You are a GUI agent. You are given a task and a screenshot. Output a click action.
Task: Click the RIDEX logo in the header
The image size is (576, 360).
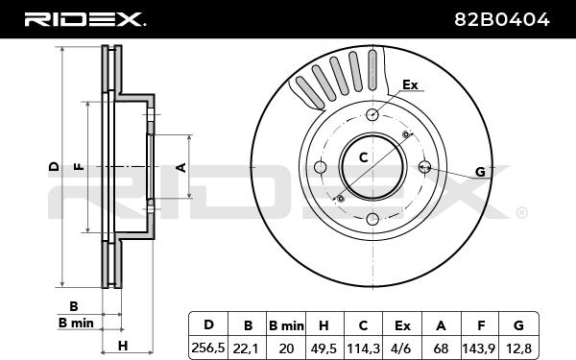coord(84,19)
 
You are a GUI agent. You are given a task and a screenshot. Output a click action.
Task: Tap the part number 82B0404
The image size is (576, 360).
coord(502,19)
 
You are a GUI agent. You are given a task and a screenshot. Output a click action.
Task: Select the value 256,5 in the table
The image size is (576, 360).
coord(208,348)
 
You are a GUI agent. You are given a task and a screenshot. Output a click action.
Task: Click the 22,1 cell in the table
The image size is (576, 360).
coord(247,348)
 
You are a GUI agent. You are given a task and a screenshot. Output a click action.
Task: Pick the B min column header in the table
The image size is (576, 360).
coord(286,325)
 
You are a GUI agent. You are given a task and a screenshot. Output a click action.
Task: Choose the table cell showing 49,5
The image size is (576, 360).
coord(324,348)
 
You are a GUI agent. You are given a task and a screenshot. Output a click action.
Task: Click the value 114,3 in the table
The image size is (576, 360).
coord(363,348)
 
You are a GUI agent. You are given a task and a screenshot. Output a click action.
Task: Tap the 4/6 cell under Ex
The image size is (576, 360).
coord(402,348)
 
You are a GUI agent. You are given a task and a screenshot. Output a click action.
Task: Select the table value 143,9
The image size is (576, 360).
coord(480,348)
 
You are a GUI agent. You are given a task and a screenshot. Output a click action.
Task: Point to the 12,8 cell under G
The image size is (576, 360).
coord(518,348)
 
